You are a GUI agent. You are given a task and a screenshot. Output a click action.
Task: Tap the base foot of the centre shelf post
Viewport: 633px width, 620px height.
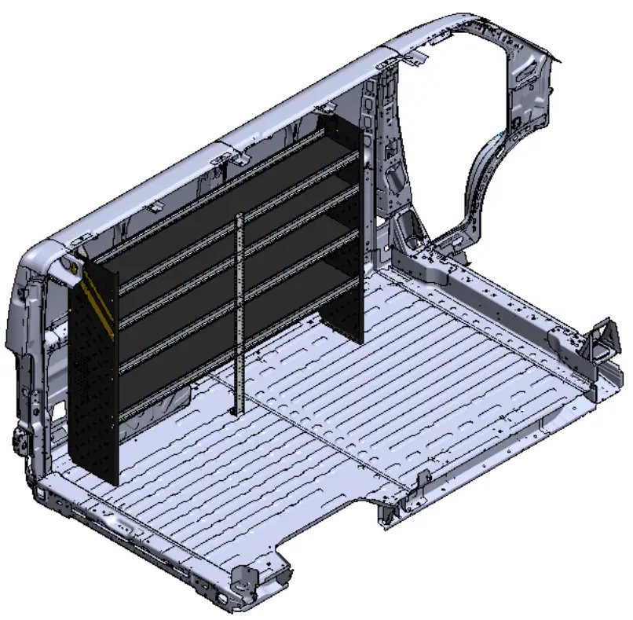click(235, 410)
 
